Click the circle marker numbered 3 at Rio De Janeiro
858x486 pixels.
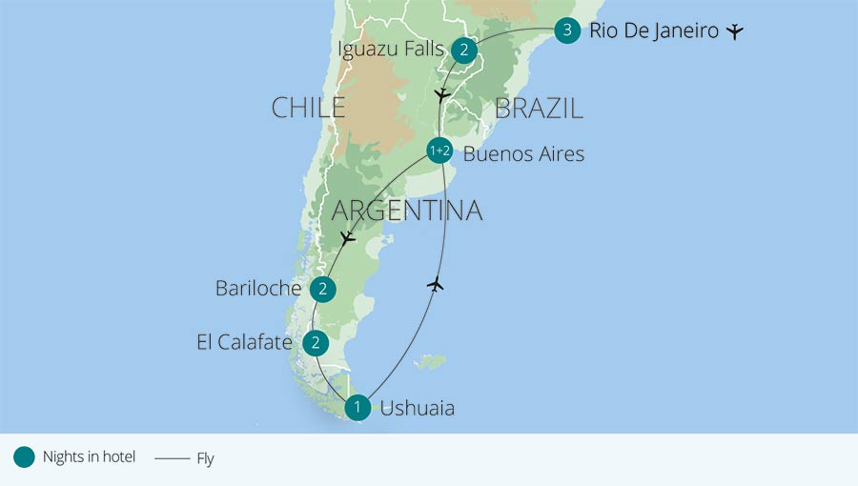[567, 31]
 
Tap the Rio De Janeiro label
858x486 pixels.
[653, 31]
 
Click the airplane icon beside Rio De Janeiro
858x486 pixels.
[733, 31]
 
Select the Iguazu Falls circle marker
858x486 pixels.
[463, 51]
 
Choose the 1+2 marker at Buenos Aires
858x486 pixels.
[439, 151]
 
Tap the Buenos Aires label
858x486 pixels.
[523, 153]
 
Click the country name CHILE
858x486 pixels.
[308, 108]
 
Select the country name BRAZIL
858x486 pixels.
[539, 109]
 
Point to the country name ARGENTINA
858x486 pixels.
[406, 210]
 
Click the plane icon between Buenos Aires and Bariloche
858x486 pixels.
[348, 236]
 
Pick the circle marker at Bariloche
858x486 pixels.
[323, 289]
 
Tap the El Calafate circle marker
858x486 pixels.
[315, 343]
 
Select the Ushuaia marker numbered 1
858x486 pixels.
[357, 408]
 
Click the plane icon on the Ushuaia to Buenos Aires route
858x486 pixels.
[436, 284]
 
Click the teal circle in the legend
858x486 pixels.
[24, 457]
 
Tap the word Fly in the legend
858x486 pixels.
[205, 458]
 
